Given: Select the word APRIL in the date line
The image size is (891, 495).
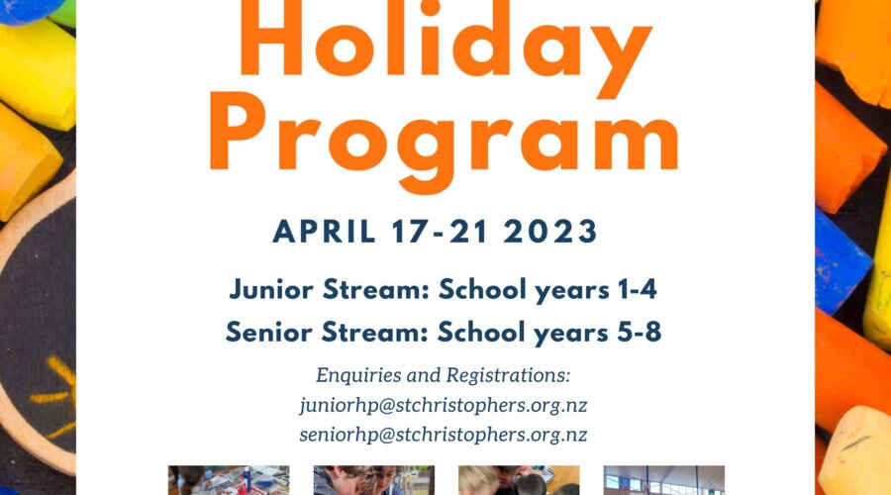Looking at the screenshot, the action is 324,232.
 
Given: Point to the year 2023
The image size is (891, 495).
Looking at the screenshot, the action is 550,232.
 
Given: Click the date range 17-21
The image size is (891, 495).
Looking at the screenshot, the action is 440,232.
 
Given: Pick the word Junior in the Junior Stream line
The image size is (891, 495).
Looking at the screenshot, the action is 271,290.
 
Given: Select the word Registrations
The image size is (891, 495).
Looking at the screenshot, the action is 508,375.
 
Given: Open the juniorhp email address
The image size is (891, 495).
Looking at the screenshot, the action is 444,405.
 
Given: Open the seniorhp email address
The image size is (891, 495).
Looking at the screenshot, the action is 444,435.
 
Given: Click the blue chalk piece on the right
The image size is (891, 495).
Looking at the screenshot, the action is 841,262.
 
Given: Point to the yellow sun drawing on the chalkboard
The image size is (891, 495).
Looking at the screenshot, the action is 55,395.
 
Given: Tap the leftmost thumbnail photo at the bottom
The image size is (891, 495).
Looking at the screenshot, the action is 229,480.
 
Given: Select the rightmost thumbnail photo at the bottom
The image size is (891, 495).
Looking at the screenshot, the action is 663,480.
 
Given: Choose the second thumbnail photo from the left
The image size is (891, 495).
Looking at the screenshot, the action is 374,480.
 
